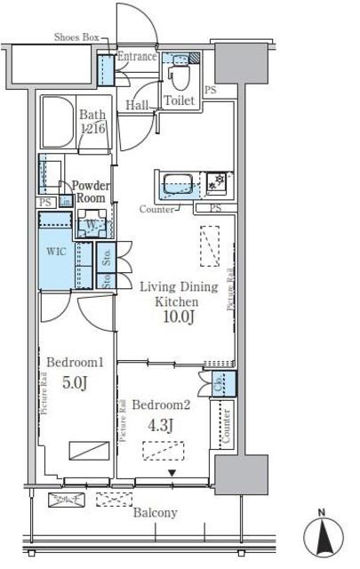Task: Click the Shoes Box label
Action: click(x=76, y=37)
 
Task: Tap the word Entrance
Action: click(x=137, y=57)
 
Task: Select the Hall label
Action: click(x=136, y=105)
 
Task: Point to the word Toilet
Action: click(x=180, y=101)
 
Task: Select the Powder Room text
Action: click(x=91, y=192)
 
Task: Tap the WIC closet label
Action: click(x=55, y=252)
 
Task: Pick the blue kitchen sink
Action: click(x=176, y=188)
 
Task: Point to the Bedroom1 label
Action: click(x=76, y=363)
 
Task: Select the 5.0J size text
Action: click(x=76, y=384)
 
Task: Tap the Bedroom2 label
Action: click(x=161, y=405)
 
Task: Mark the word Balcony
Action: click(x=156, y=513)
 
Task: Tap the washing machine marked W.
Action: click(x=94, y=225)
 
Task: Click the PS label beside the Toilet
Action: click(x=210, y=90)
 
